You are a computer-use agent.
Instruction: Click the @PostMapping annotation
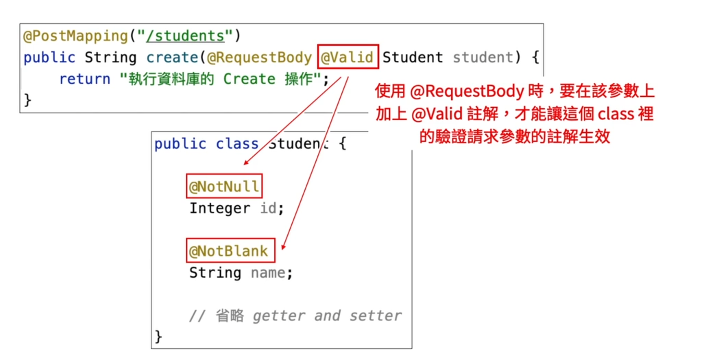point(75,36)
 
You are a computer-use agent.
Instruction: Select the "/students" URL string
point(185,36)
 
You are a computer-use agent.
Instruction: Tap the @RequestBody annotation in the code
point(259,57)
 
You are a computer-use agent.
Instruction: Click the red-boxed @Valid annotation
point(348,57)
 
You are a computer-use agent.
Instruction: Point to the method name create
point(172,57)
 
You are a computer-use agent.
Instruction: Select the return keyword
point(85,79)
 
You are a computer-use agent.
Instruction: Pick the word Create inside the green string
point(249,79)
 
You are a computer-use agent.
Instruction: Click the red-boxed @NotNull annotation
point(224,186)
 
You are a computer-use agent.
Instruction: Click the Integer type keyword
point(220,208)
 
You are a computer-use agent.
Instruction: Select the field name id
point(268,208)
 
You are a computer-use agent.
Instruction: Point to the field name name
point(268,273)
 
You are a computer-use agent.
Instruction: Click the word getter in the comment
point(279,316)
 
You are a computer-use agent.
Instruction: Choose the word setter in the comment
point(375,316)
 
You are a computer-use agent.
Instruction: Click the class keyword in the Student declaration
point(237,144)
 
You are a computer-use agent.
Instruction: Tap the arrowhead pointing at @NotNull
point(246,163)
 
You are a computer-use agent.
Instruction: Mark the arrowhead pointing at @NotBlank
point(283,247)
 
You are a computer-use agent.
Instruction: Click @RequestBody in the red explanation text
point(467,91)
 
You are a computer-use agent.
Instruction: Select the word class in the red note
point(616,114)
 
